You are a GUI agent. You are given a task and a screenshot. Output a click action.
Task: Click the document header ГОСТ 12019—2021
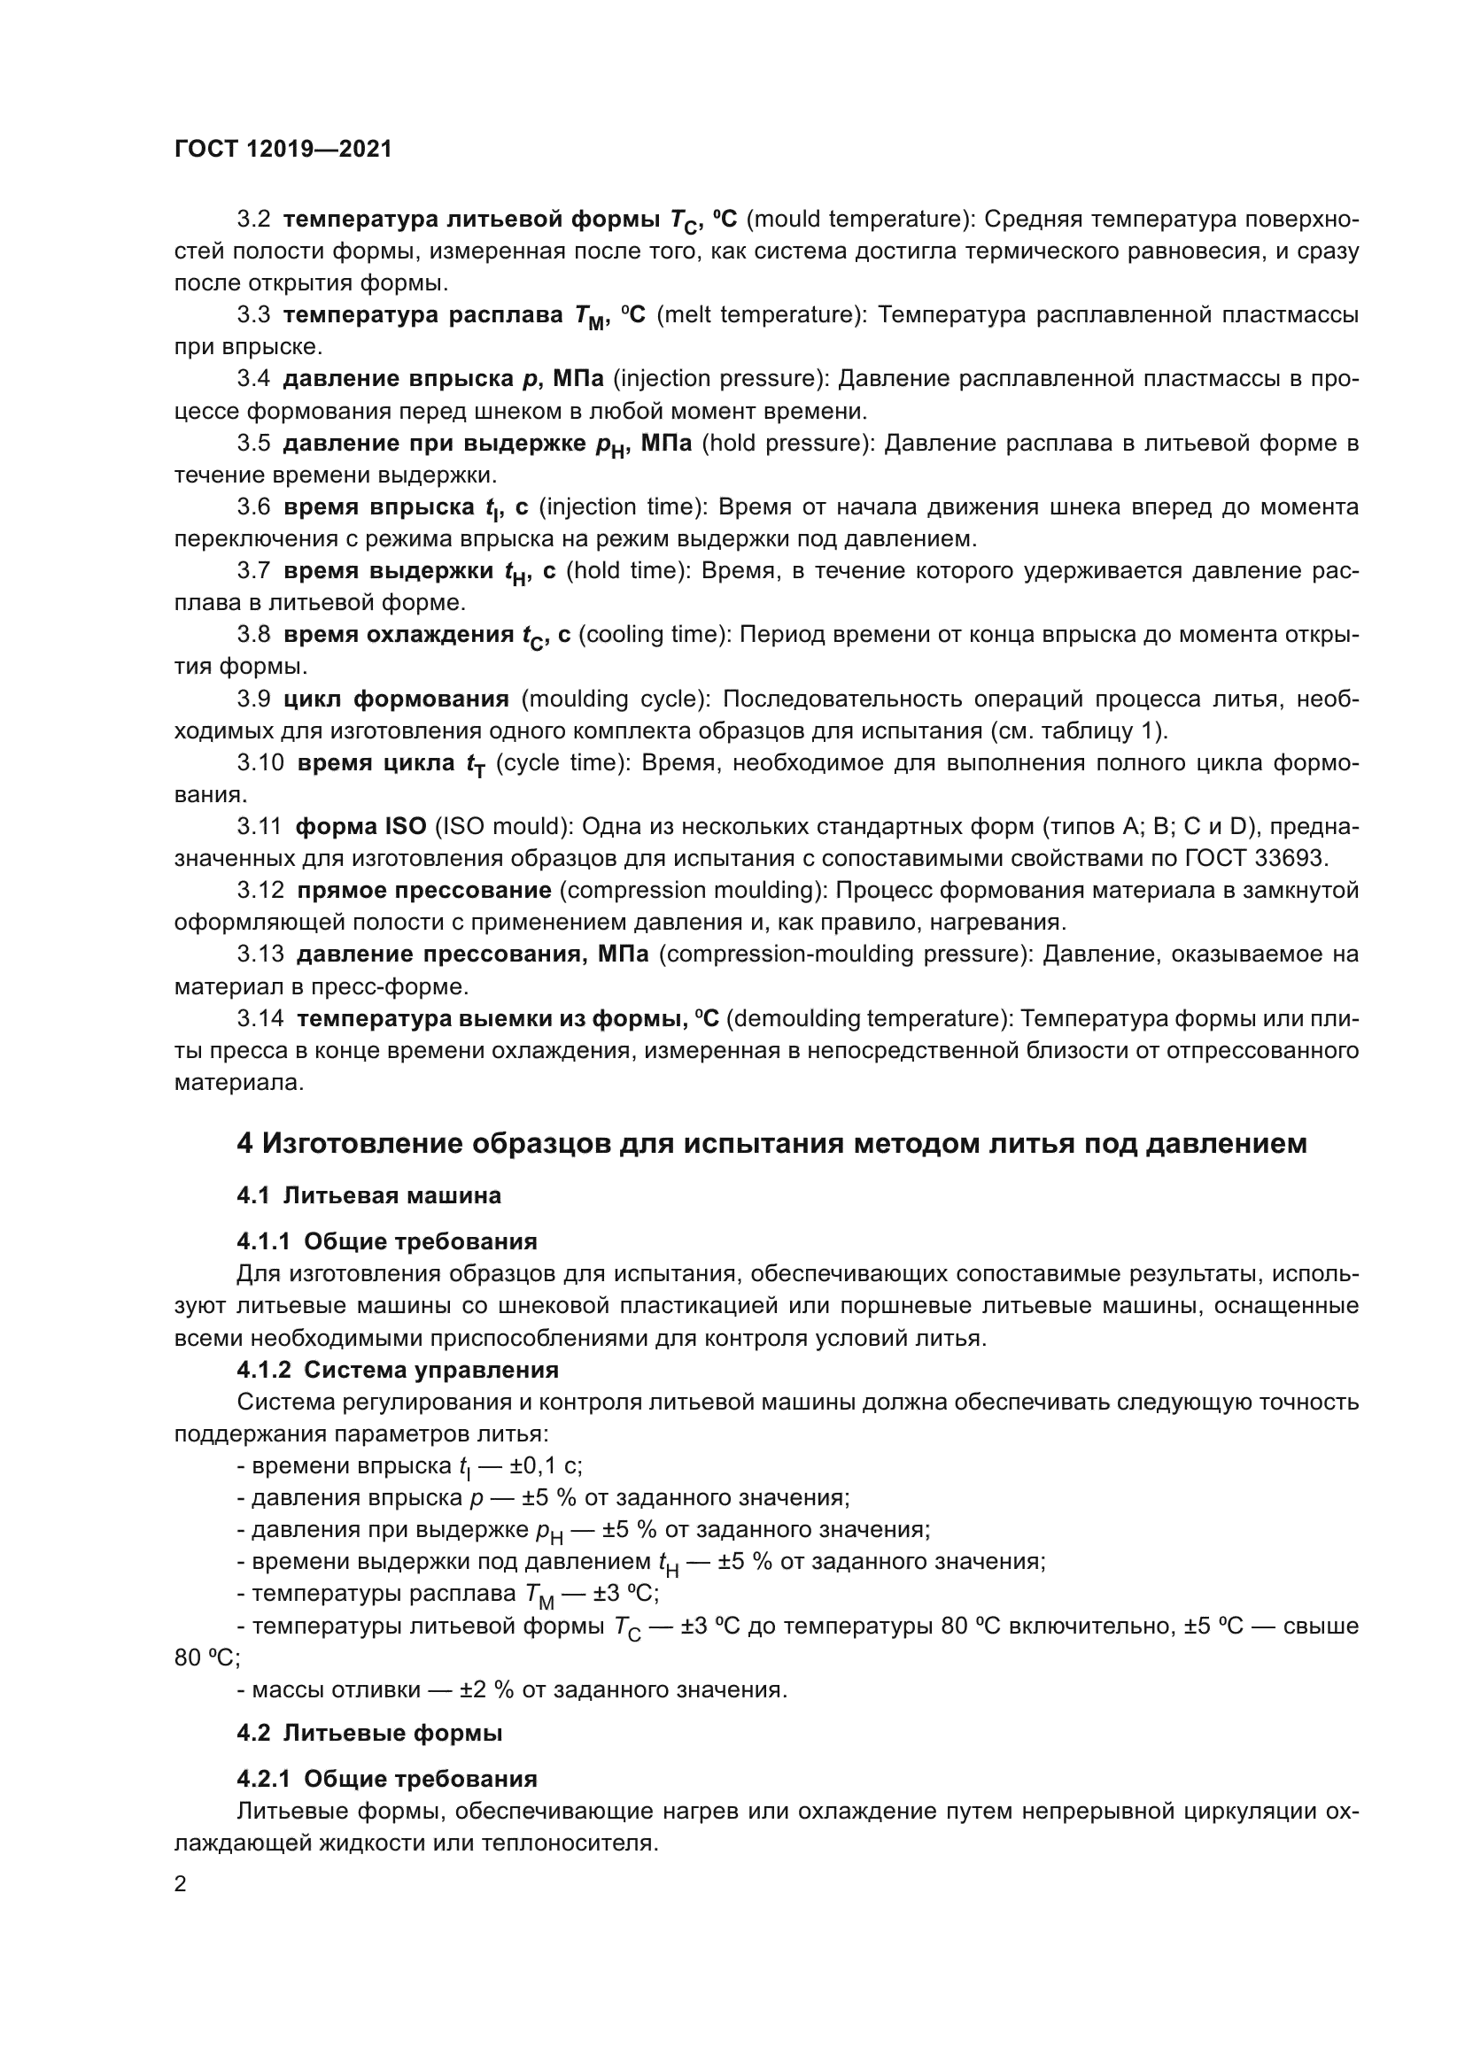(283, 150)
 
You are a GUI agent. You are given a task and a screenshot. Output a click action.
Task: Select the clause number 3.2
(253, 220)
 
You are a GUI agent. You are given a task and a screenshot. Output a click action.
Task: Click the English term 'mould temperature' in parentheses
(856, 220)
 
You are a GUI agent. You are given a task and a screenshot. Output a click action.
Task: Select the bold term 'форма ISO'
(360, 827)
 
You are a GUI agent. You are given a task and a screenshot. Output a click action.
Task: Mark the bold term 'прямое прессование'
(424, 890)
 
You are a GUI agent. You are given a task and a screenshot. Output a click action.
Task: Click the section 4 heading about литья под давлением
(771, 1144)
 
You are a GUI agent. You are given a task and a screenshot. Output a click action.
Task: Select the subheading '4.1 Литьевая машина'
(369, 1196)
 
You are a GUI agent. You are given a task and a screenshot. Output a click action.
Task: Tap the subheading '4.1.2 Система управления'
(398, 1370)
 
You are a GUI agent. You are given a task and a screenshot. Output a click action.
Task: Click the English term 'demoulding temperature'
(867, 1018)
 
